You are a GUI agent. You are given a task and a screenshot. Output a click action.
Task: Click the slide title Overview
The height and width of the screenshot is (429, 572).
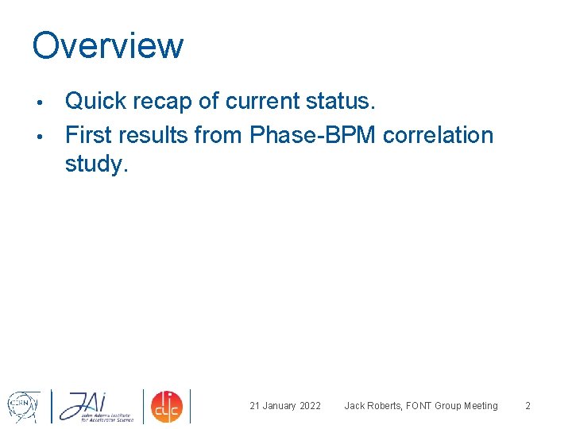[107, 45]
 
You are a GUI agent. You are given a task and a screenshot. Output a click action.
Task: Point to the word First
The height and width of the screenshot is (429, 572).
[91, 135]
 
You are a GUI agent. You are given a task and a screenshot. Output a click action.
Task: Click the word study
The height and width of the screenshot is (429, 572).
[96, 165]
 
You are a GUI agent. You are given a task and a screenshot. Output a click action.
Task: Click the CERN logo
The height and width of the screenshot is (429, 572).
[24, 405]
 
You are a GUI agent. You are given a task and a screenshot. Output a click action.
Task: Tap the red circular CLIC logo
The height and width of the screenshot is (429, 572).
[167, 406]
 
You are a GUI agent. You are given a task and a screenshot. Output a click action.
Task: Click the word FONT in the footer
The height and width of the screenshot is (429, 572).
[420, 406]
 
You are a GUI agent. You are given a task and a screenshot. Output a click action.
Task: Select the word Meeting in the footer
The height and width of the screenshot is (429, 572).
[479, 406]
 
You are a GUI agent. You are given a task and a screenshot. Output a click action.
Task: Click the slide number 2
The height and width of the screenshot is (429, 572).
[528, 406]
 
